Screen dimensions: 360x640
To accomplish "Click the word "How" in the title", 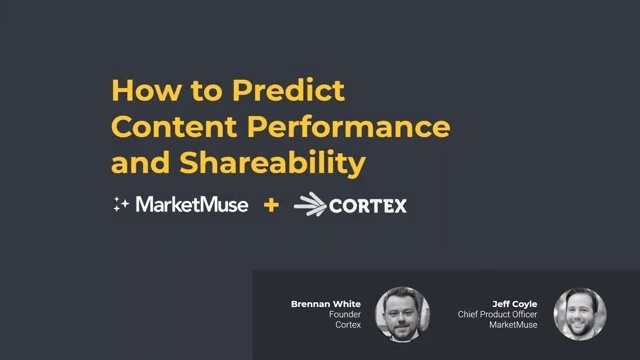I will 137,91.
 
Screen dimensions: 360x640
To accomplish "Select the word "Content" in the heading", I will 172,128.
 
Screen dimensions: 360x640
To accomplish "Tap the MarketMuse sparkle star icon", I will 121,205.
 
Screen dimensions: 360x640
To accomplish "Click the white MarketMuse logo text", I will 191,205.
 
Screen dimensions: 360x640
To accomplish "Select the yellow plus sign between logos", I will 270,206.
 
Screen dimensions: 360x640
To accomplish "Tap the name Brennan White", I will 319,303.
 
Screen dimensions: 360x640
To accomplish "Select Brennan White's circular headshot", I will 402,314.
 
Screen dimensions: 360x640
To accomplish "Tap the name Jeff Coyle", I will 515,303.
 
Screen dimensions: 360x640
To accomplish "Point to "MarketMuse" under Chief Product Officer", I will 514,325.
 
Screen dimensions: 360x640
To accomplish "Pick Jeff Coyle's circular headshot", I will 580,314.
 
